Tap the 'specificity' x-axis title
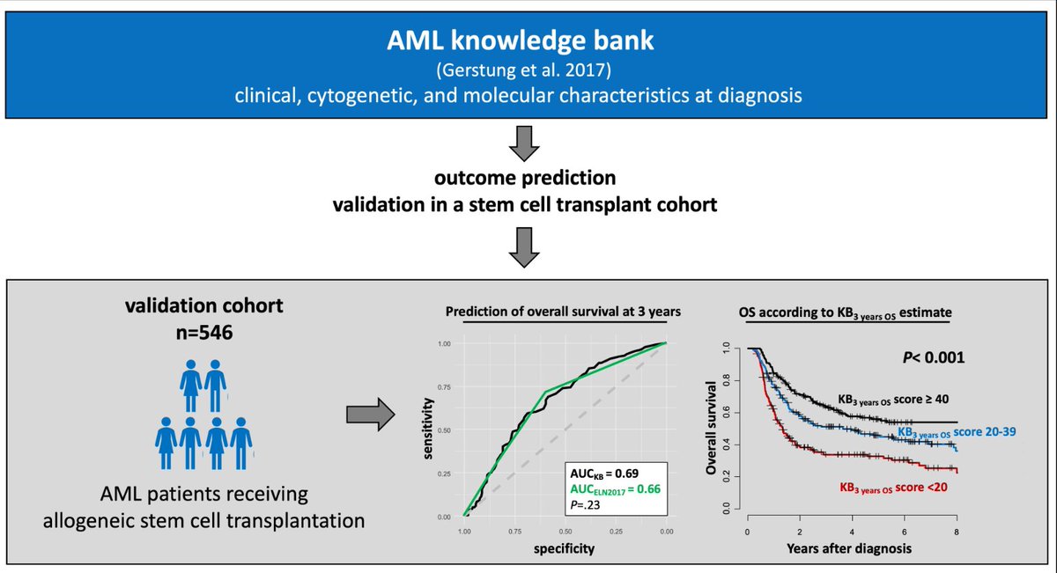pyautogui.click(x=564, y=549)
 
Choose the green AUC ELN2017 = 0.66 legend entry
pyautogui.click(x=615, y=489)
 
